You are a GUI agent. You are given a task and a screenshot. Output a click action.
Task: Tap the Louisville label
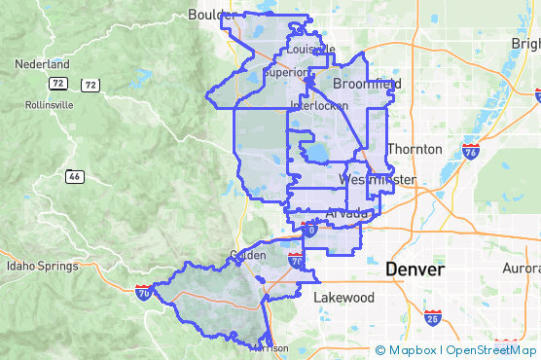[310, 49]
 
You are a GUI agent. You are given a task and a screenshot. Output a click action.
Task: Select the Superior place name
[287, 72]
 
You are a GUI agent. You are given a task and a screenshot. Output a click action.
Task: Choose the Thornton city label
[415, 149]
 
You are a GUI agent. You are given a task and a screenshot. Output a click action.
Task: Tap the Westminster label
[379, 181]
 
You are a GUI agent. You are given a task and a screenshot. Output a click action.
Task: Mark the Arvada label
[347, 212]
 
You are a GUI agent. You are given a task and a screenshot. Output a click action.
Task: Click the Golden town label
[246, 255]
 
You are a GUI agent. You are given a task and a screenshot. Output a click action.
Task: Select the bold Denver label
[415, 269]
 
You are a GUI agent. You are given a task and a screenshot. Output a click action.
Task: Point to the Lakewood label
[343, 297]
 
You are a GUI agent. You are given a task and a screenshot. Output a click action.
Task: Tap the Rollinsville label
[36, 104]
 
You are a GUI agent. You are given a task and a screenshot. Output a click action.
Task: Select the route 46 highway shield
[75, 176]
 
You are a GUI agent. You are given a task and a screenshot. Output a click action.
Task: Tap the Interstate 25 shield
[433, 317]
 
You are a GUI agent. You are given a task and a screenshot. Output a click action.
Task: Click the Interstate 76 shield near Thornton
[471, 151]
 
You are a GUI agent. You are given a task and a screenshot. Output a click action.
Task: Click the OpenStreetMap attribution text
[491, 350]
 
